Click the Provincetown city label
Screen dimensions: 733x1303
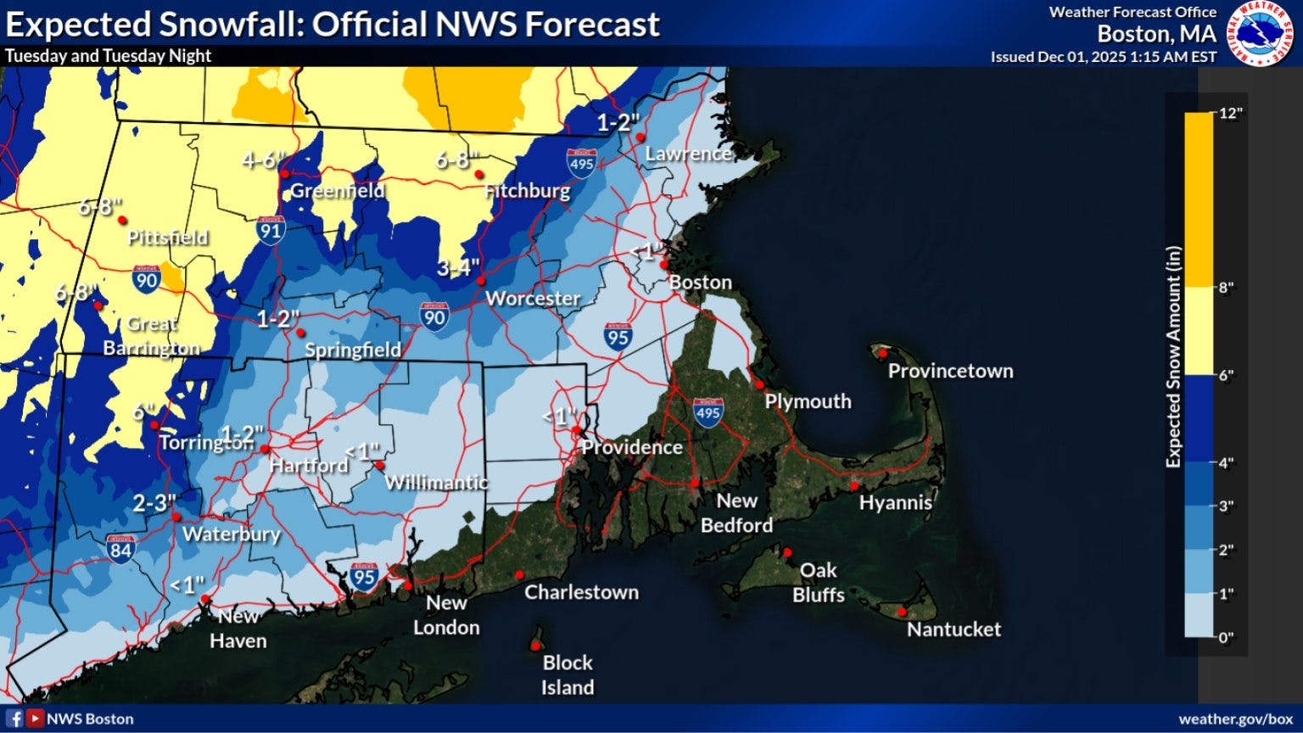click(950, 371)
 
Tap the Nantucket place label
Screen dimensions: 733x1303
click(953, 629)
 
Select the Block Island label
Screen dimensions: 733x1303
click(568, 674)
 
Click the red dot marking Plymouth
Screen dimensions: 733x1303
click(760, 384)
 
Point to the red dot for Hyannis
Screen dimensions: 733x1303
click(854, 486)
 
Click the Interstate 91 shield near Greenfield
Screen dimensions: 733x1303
click(271, 230)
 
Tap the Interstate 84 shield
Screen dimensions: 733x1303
click(120, 549)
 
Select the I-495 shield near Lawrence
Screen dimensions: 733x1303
click(581, 163)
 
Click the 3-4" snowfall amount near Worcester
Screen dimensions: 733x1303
click(458, 268)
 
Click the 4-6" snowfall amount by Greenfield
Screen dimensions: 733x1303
click(264, 160)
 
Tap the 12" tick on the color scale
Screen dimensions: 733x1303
click(1230, 114)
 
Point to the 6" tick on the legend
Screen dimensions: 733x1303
click(1227, 375)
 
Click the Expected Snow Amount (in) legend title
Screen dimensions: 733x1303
click(1173, 356)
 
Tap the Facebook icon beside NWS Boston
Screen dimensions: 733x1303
click(14, 719)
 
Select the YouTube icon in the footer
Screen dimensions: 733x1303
click(35, 719)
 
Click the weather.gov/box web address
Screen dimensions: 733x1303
click(1235, 719)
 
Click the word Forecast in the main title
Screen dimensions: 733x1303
click(592, 25)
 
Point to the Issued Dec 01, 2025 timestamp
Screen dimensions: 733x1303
click(1103, 57)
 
